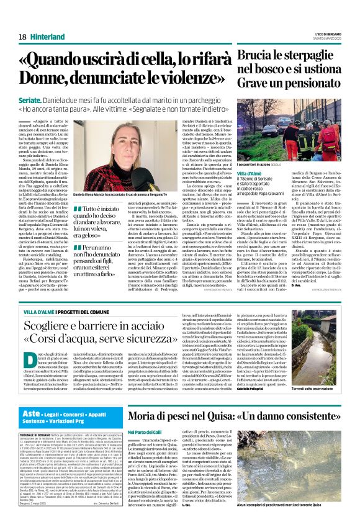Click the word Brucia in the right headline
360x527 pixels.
coord(257,57)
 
